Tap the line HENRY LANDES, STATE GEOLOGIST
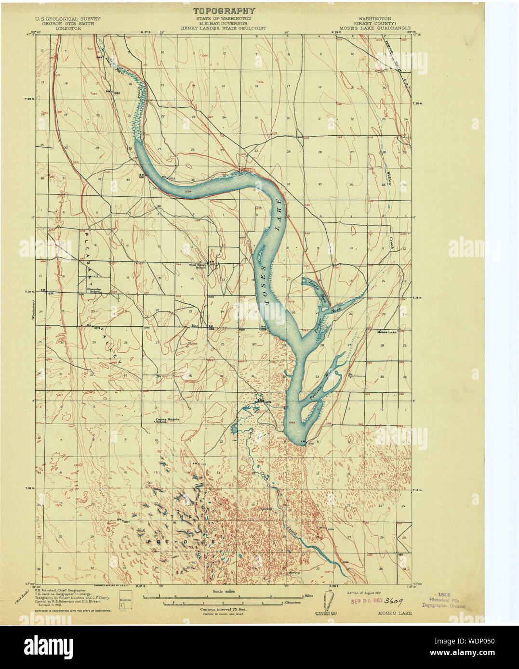coord(223,28)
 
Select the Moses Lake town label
coord(386,332)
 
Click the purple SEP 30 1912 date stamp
coord(366,601)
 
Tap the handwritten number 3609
coord(394,601)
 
